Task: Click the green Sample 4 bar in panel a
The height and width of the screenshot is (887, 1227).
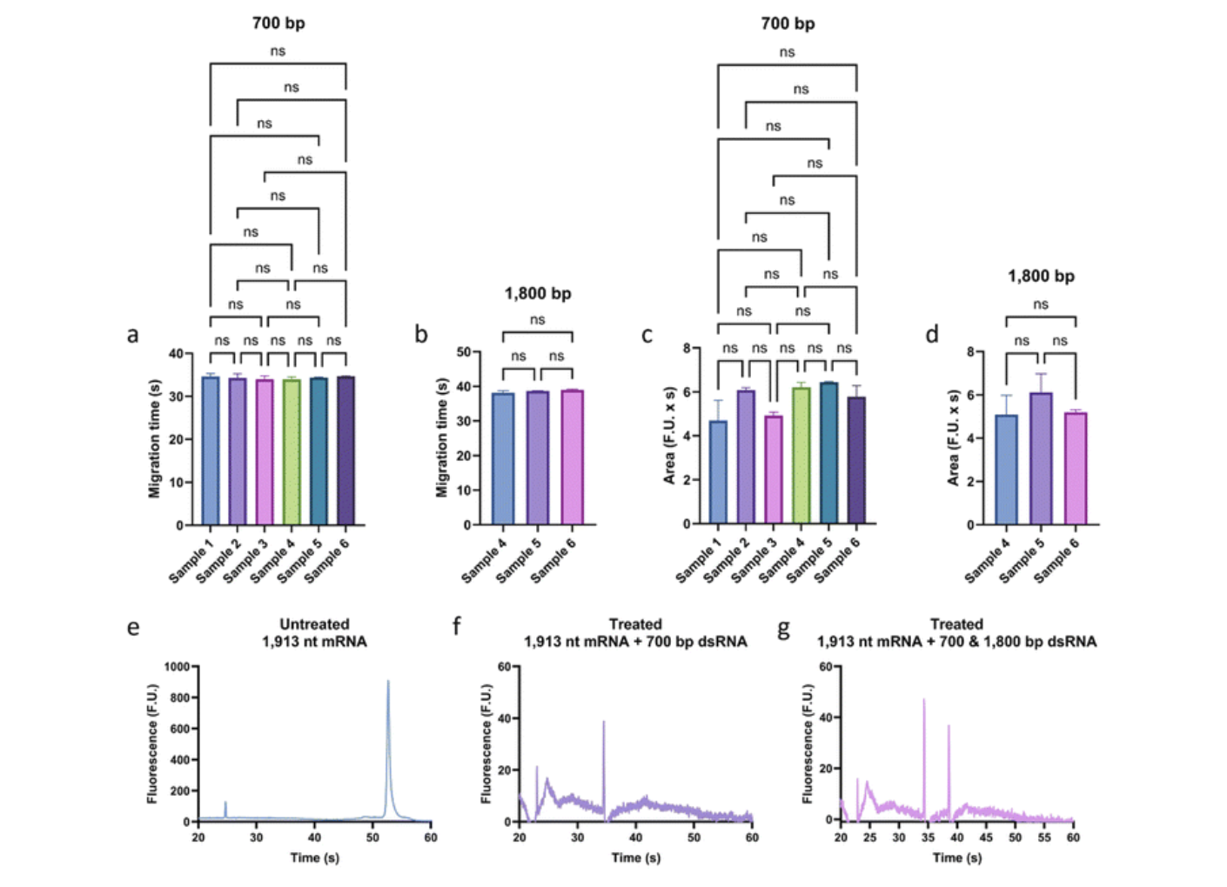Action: (x=292, y=452)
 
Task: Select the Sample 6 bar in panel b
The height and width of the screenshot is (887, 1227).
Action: (x=572, y=457)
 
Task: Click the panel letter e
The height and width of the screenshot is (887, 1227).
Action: (x=132, y=627)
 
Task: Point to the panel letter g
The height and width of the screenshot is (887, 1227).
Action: (x=783, y=627)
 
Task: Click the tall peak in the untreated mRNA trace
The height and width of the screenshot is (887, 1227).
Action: (x=388, y=696)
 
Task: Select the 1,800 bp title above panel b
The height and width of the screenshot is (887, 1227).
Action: (x=538, y=293)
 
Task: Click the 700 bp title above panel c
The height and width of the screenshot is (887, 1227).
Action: (x=788, y=23)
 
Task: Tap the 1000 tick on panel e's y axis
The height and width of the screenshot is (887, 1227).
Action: (x=177, y=667)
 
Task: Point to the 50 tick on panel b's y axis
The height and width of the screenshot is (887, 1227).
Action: (x=463, y=352)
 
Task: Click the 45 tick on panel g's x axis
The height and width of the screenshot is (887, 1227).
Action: (x=986, y=837)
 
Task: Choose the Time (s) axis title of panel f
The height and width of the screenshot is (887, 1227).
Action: (x=635, y=857)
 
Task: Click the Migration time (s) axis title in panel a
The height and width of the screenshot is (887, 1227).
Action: (x=155, y=438)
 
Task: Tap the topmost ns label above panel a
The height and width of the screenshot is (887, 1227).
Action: (x=278, y=51)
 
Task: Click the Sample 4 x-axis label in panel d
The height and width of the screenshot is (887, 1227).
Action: (x=988, y=560)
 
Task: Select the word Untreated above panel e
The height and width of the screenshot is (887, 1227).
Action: (x=314, y=624)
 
